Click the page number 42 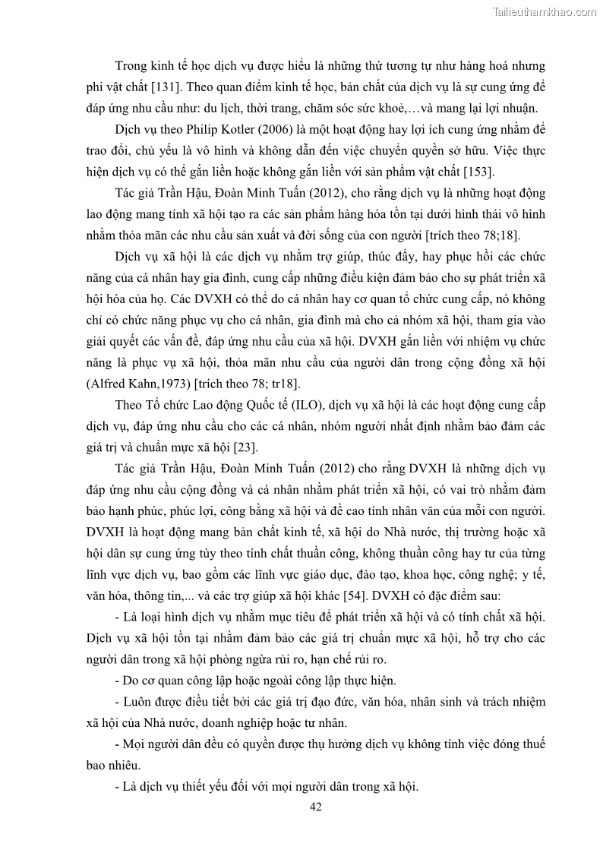(316, 807)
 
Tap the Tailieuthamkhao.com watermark (544, 11)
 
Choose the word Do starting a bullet (131, 680)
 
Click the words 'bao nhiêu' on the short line (109, 764)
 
